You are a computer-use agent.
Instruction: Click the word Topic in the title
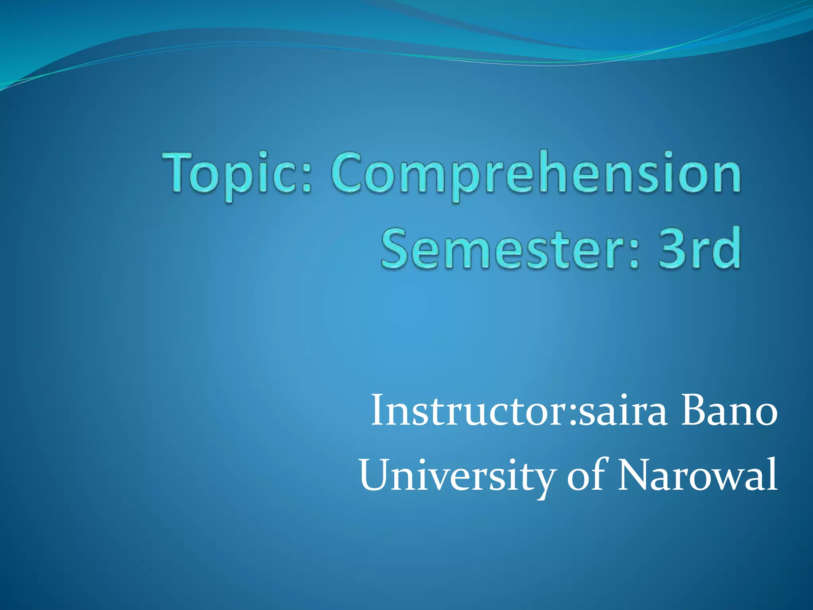pos(234,175)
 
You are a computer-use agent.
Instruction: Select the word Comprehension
pos(536,175)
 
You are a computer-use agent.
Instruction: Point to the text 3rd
pos(699,248)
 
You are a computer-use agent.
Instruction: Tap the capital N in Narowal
pos(635,475)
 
